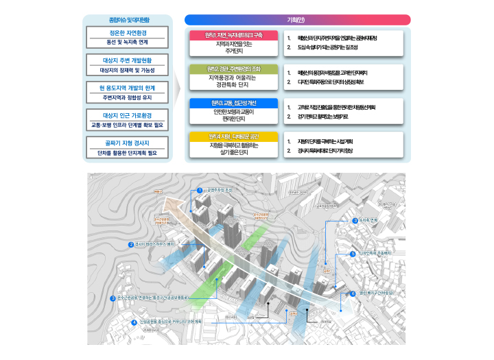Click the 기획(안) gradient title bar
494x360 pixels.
tap(297, 19)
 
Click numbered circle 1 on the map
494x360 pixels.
tap(200, 190)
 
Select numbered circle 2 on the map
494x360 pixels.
tap(131, 244)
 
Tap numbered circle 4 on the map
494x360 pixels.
tap(134, 322)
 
